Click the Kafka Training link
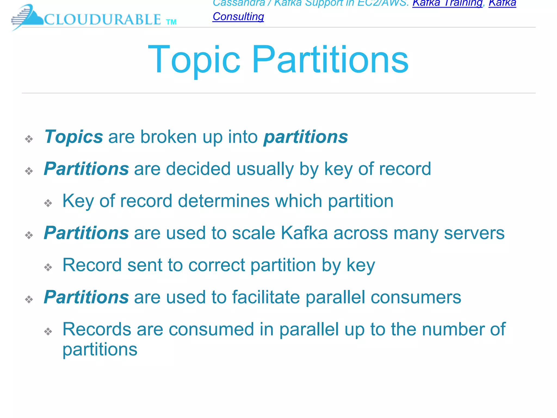pyautogui.click(x=447, y=3)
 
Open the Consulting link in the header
pyautogui.click(x=238, y=17)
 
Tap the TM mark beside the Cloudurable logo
pyautogui.click(x=171, y=22)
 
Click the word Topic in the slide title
pyautogui.click(x=194, y=60)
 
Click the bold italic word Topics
pyautogui.click(x=74, y=137)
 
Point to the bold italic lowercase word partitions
pyautogui.click(x=305, y=137)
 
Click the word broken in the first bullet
pyautogui.click(x=168, y=137)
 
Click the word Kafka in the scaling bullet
pyautogui.click(x=304, y=233)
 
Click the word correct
pyautogui.click(x=216, y=265)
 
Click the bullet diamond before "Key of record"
pyautogui.click(x=48, y=203)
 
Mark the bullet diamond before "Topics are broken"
pyautogui.click(x=29, y=139)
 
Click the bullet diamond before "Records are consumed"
pyautogui.click(x=48, y=331)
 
